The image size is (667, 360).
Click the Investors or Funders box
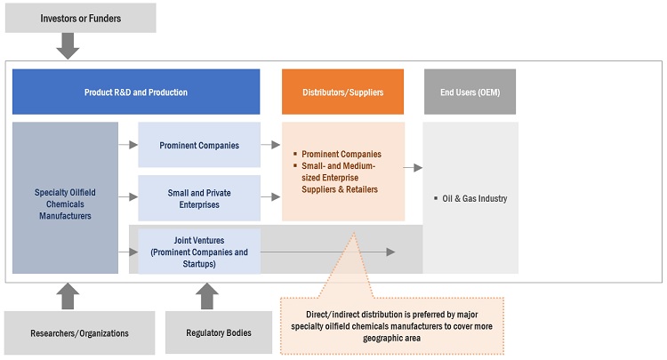[79, 18]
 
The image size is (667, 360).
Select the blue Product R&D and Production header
[136, 92]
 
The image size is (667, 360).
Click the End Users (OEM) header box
[470, 92]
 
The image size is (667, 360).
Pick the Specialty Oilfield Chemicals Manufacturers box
[65, 197]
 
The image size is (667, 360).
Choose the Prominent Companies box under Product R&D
[199, 145]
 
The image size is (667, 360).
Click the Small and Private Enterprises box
[199, 197]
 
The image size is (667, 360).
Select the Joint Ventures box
[199, 252]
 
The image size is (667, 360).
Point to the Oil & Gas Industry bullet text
[475, 198]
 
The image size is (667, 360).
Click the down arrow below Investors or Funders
[68, 46]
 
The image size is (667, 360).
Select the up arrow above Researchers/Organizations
[68, 297]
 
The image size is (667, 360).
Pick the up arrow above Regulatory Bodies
[206, 297]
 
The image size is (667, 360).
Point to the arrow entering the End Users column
[413, 166]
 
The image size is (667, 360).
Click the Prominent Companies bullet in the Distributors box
[341, 154]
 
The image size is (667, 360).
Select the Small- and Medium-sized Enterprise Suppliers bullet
[341, 177]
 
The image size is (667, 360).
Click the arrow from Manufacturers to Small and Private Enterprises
[128, 197]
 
